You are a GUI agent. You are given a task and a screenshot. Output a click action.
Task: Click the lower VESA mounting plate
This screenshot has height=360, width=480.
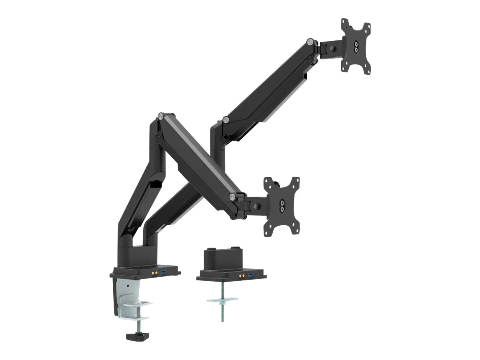click(282, 205)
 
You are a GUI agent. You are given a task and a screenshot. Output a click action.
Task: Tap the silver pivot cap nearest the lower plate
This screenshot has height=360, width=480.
click(233, 196)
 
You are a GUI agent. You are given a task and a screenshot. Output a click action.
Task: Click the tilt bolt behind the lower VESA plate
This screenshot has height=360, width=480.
click(255, 206)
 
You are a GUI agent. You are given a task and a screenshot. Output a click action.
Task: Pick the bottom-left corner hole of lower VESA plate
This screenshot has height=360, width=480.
click(268, 229)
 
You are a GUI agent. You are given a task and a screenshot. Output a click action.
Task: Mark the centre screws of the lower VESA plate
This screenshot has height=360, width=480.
click(282, 205)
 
